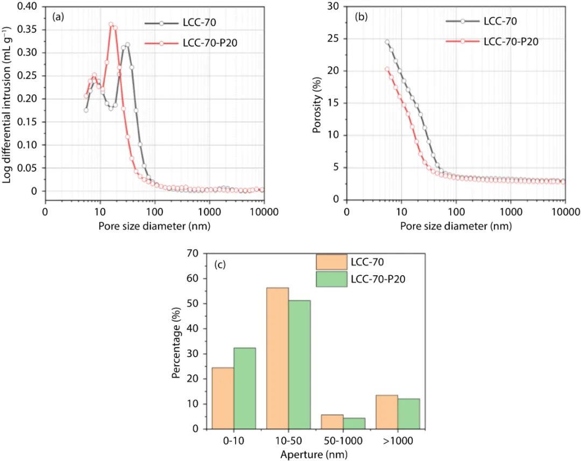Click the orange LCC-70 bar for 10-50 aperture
pos(277,358)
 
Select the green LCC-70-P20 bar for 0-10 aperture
pos(244,388)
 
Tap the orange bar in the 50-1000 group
pos(332,422)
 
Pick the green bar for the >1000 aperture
pos(409,414)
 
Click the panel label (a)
pos(58,16)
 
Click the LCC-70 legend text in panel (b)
pos(500,22)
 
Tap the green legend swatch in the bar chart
pos(331,279)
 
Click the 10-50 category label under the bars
pos(288,441)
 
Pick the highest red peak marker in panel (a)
pos(111,24)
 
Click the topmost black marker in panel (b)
pos(386,41)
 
